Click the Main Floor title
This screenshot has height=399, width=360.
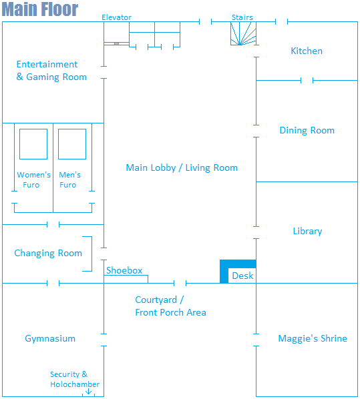point(40,9)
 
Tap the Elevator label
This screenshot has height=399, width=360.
point(116,17)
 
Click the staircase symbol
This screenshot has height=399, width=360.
point(243,33)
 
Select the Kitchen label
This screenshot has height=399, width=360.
point(307,51)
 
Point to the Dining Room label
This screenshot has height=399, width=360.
point(307,130)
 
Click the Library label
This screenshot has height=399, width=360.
point(307,231)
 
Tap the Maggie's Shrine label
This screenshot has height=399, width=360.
point(313,338)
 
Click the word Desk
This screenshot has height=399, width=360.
point(242,276)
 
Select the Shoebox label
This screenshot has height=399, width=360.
point(124,270)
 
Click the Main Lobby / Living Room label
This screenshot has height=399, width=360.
point(182,167)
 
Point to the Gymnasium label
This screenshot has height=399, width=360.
point(50,339)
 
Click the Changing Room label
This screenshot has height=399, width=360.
point(48,253)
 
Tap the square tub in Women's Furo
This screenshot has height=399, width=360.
point(33,144)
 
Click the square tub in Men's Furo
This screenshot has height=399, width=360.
point(72,144)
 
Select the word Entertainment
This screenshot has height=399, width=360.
point(47,64)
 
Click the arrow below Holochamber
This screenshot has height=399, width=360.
point(88,391)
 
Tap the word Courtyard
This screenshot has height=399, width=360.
point(156,300)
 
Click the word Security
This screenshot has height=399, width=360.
point(65,374)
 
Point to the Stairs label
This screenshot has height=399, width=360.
point(242,17)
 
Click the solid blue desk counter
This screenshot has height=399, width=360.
point(224,272)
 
